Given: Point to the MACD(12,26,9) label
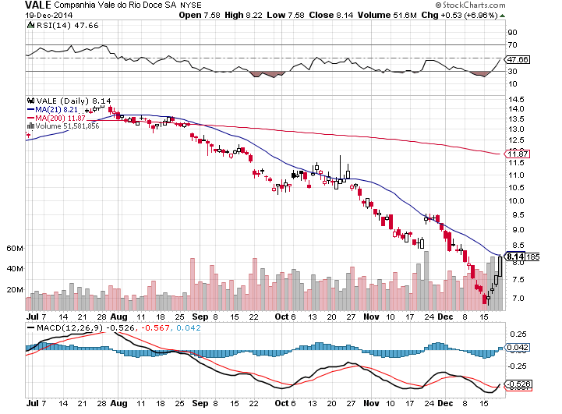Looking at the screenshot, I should [x=64, y=327].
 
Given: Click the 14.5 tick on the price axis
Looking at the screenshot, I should [x=515, y=100].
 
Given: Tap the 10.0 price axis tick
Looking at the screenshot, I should [x=515, y=200].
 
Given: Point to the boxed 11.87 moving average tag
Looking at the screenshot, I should [x=514, y=154].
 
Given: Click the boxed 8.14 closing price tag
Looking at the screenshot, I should [x=514, y=255].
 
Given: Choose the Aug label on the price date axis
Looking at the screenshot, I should [x=118, y=317].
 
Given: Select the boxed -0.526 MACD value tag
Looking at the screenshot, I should [x=518, y=384].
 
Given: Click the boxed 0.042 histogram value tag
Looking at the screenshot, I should [x=517, y=348].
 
